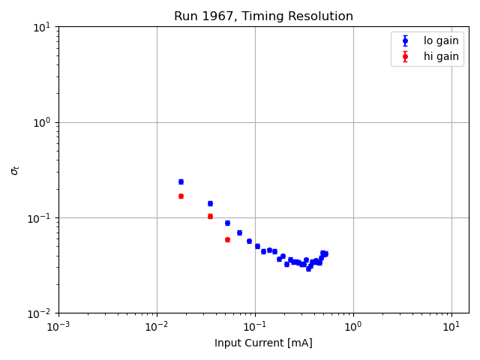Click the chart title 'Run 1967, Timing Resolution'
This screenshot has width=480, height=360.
(x=263, y=16)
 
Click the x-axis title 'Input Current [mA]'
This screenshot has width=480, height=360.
(x=263, y=343)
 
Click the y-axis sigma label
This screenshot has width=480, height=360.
(x=15, y=170)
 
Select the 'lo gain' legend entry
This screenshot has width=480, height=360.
(x=441, y=40)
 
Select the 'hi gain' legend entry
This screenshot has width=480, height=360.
(x=441, y=56)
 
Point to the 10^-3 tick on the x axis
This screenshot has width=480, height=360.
(x=58, y=327)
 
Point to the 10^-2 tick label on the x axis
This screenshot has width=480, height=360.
(x=157, y=327)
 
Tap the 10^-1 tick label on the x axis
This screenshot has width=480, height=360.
(x=255, y=327)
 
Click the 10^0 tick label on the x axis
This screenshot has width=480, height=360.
(x=353, y=327)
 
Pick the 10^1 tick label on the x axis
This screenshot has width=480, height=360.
(x=451, y=327)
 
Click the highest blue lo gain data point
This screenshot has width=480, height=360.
(x=181, y=181)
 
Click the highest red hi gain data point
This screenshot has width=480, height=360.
(x=181, y=196)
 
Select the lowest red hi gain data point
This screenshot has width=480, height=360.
(x=227, y=239)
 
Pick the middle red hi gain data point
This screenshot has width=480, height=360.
(x=210, y=216)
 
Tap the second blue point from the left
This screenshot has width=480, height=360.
(x=210, y=203)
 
